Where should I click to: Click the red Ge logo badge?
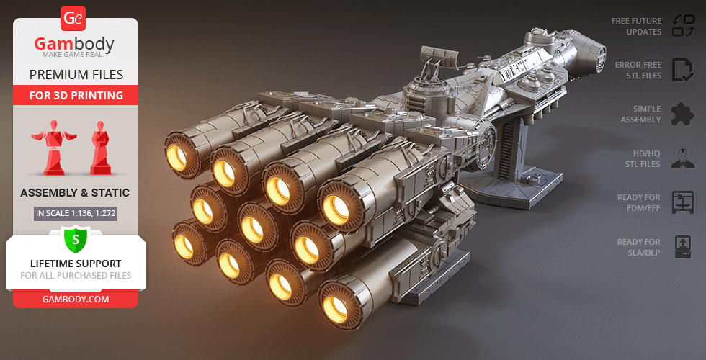73,19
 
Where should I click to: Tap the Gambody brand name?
74,44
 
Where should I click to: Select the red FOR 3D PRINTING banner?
76,95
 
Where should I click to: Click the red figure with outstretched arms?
53,147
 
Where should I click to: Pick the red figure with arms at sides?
100,148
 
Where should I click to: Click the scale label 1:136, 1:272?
76,213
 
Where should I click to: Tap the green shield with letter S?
76,240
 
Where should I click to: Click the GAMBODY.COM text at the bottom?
76,300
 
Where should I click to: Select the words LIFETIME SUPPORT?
76,264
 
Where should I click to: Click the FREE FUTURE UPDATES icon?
684,26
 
